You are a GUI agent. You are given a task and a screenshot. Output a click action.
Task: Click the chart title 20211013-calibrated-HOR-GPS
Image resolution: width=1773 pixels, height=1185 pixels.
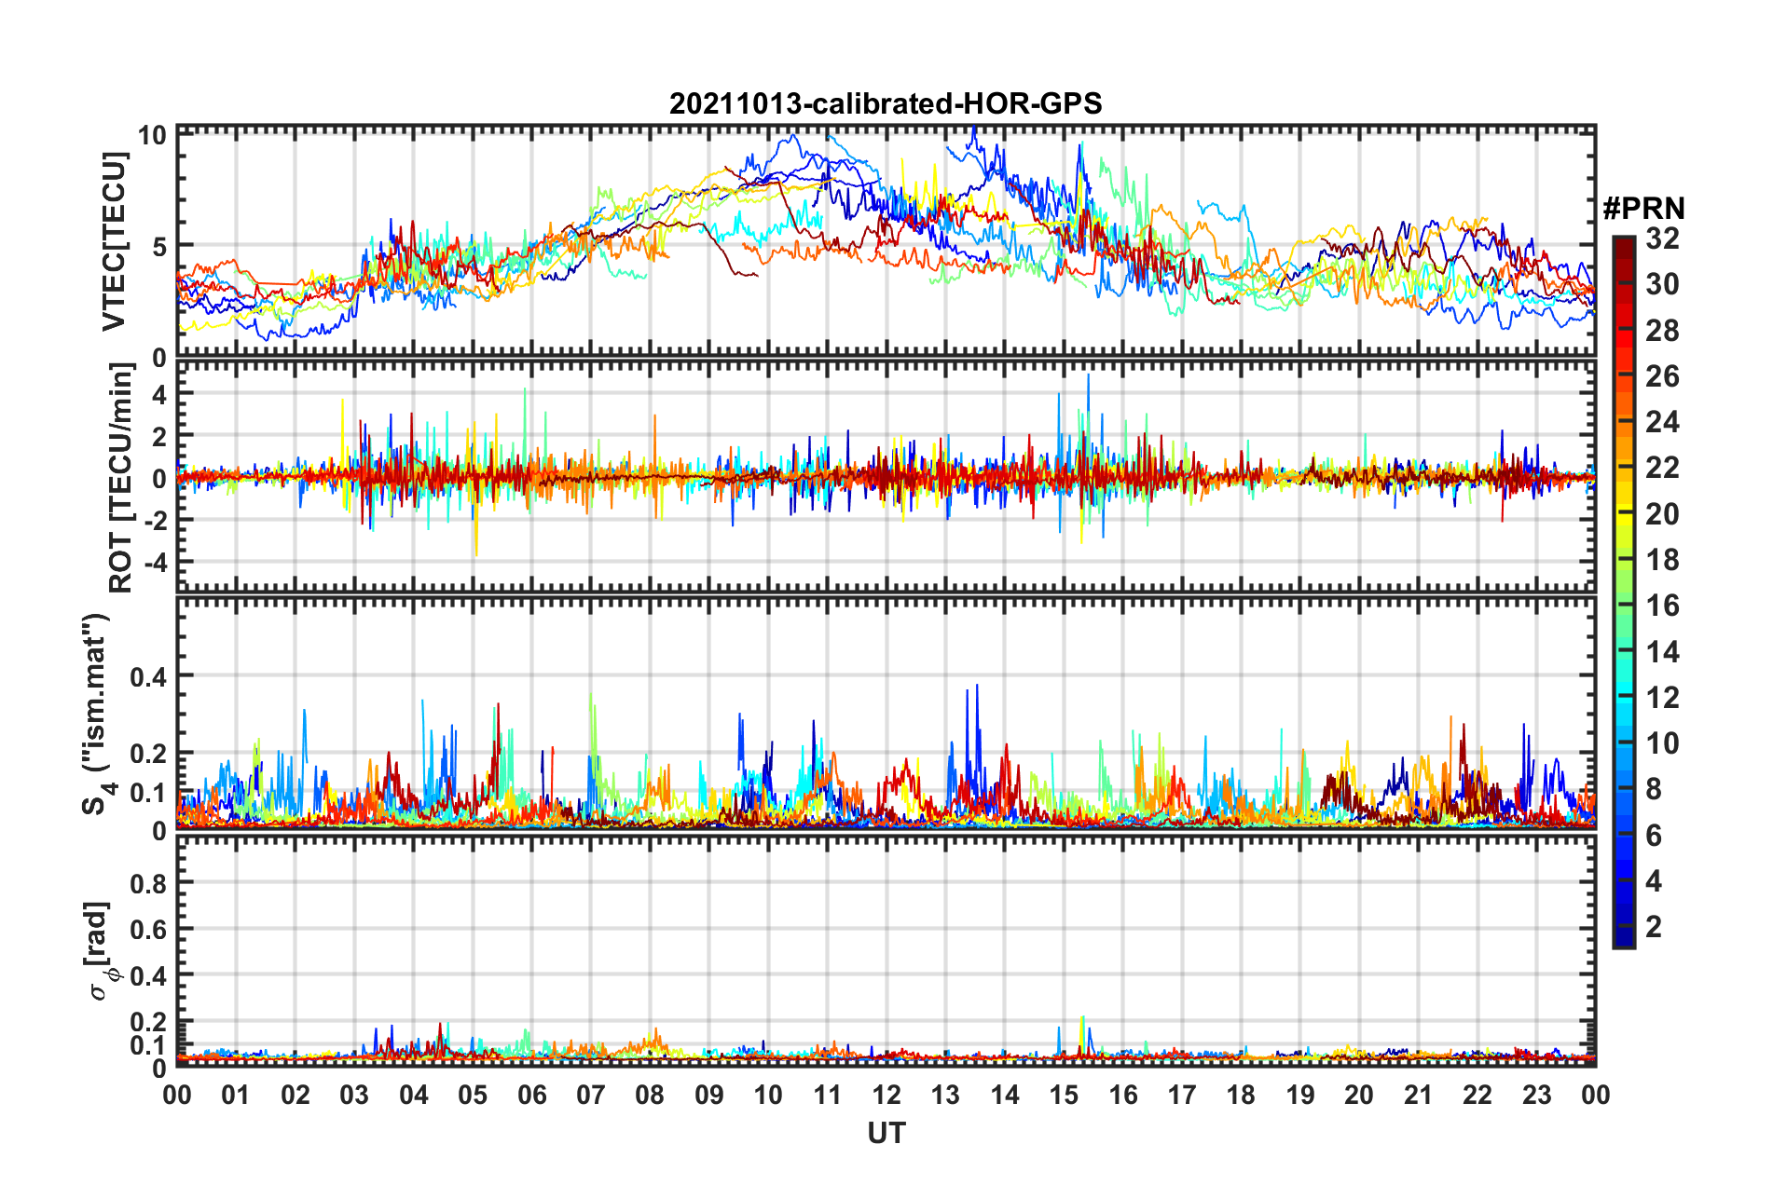(886, 103)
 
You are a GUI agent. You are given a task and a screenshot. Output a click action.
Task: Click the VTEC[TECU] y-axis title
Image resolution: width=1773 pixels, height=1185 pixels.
(114, 241)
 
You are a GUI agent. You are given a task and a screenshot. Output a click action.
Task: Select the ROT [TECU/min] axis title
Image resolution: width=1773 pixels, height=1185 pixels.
(120, 478)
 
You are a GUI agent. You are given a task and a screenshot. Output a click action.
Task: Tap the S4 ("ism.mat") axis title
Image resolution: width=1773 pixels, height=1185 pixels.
(96, 714)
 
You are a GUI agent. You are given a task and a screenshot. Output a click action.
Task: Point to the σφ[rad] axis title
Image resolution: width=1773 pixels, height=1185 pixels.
(101, 950)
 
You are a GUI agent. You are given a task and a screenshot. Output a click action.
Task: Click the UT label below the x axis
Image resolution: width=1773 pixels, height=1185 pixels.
(886, 1133)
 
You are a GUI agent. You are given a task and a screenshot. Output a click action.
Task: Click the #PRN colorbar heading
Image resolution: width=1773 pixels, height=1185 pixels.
(1643, 208)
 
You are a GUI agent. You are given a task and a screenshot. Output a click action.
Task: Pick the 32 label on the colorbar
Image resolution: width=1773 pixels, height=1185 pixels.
(1662, 238)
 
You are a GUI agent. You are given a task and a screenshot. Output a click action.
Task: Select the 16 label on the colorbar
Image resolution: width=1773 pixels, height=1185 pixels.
(1662, 606)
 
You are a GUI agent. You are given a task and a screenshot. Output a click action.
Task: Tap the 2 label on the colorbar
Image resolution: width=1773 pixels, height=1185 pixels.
(1654, 926)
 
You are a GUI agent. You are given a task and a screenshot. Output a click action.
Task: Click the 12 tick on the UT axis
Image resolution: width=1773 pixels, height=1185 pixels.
(886, 1095)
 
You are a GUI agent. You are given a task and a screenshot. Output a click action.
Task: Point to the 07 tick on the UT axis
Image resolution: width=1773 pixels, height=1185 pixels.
(591, 1095)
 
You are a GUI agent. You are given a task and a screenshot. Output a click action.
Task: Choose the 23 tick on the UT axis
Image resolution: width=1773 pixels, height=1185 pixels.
(1536, 1095)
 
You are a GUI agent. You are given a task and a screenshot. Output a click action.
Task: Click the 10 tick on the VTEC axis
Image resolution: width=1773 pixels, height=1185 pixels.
(153, 135)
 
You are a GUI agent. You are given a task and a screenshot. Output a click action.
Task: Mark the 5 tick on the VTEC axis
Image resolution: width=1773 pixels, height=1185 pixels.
(159, 247)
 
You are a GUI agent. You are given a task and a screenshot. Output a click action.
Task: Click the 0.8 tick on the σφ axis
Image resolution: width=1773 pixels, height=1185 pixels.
(148, 883)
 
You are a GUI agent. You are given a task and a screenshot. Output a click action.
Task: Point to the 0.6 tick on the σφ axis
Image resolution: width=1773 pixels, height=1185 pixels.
(148, 930)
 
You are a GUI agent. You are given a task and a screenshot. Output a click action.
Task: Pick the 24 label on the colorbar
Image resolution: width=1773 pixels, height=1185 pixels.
(1662, 422)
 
